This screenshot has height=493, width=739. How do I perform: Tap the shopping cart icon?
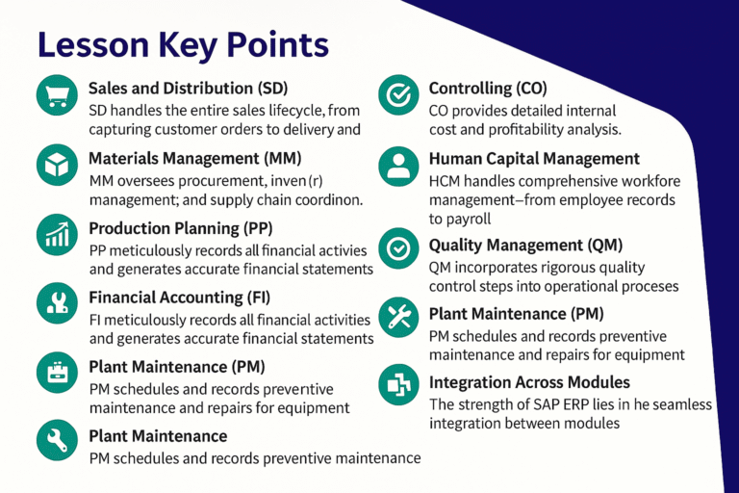[x=55, y=94]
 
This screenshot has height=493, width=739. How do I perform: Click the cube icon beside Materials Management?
[x=55, y=165]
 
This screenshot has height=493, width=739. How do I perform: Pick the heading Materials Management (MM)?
[x=195, y=158]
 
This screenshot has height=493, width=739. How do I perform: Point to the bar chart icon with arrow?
[x=55, y=234]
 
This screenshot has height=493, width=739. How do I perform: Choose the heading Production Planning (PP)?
[x=181, y=228]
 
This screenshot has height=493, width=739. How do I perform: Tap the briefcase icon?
[x=55, y=372]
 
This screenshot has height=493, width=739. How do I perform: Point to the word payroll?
[x=454, y=220]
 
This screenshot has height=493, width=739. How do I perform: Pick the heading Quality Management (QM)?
[x=525, y=246]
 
